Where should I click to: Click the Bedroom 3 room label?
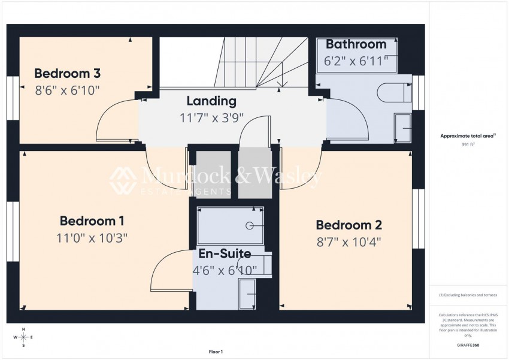pyautogui.click(x=67, y=73)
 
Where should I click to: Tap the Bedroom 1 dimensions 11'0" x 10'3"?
pyautogui.click(x=92, y=238)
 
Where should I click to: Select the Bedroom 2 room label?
pyautogui.click(x=349, y=225)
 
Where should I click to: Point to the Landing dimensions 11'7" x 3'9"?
pyautogui.click(x=211, y=117)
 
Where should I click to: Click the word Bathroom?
pyautogui.click(x=356, y=44)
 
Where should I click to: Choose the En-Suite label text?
pyautogui.click(x=225, y=253)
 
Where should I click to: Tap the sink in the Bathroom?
pyautogui.click(x=403, y=128)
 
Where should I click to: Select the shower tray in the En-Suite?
pyautogui.click(x=230, y=225)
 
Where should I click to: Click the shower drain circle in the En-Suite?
pyautogui.click(x=249, y=226)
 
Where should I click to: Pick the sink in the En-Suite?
pyautogui.click(x=247, y=294)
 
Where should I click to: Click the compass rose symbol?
pyautogui.click(x=23, y=337)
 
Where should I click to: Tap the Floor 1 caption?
pyautogui.click(x=216, y=352)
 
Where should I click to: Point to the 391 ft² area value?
pyautogui.click(x=468, y=145)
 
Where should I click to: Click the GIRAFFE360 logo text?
pyautogui.click(x=468, y=345)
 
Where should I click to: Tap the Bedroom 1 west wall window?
pyautogui.click(x=13, y=231)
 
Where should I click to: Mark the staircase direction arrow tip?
pyautogui.click(x=283, y=87)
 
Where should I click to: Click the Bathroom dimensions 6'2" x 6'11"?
pyautogui.click(x=356, y=61)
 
